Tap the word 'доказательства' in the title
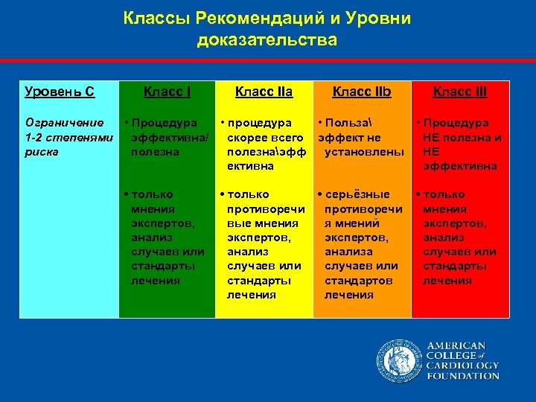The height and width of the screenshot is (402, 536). (x=267, y=39)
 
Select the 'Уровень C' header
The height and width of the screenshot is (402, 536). (x=60, y=92)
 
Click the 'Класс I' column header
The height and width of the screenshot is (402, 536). (x=167, y=92)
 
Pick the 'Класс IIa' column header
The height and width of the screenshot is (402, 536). (x=264, y=92)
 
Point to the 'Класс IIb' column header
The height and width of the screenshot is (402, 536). (x=362, y=92)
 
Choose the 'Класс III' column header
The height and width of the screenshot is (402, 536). (x=460, y=92)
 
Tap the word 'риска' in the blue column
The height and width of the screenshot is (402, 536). (x=42, y=152)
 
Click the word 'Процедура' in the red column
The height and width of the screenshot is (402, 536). (x=462, y=123)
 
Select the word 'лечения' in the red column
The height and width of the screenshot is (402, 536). (x=447, y=280)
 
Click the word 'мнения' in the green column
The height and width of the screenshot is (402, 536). (x=153, y=209)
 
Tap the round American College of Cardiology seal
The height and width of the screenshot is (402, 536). (x=398, y=360)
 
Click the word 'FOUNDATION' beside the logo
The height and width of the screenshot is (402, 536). (x=462, y=376)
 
